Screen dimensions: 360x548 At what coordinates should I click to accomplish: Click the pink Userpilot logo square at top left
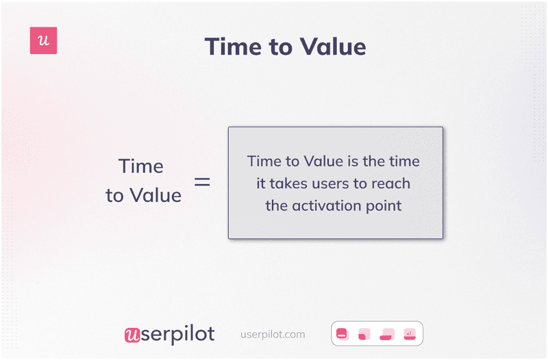pos(43,41)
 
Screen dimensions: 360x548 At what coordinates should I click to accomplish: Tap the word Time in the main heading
pos(234,47)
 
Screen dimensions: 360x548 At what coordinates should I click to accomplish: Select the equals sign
pos(202,182)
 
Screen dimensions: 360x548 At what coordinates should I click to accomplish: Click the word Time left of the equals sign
pos(140,166)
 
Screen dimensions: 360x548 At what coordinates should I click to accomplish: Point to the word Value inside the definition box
pos(319,162)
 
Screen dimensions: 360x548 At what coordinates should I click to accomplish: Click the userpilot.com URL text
pos(273,335)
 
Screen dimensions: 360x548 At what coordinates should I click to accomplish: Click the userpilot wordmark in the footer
pos(169,334)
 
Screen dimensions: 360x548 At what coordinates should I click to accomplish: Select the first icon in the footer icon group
pos(342,334)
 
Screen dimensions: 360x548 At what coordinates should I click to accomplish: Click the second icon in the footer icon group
pos(364,334)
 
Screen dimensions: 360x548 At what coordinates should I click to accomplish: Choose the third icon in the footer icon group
pos(387,334)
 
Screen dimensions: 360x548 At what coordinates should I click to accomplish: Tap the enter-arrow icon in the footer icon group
pos(410,334)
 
